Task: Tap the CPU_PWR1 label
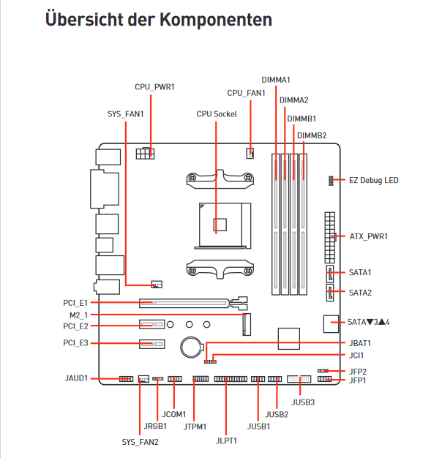154,86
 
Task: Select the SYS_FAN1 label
125,114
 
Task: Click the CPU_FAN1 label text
246,93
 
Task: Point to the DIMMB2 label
312,135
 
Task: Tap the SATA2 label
360,293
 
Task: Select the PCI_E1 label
75,302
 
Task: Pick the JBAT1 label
360,342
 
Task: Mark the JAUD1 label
76,378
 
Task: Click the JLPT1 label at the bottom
228,441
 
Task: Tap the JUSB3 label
304,402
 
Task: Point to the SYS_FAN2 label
140,441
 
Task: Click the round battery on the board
192,345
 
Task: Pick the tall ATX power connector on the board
330,238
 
